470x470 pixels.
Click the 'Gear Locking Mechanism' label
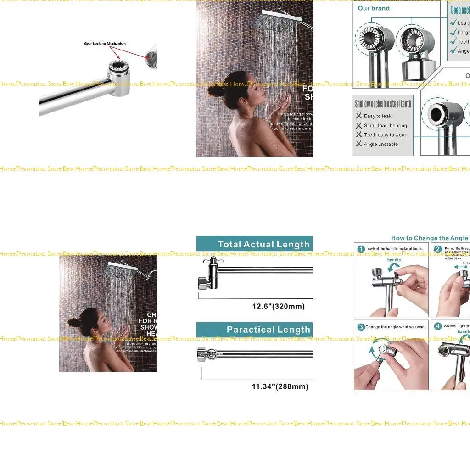(x=105, y=44)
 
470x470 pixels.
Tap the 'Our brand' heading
(x=374, y=8)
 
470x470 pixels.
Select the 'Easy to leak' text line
(x=377, y=116)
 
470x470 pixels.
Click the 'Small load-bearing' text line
(x=385, y=125)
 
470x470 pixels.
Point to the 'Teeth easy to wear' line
(x=385, y=135)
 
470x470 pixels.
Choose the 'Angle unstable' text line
(x=380, y=144)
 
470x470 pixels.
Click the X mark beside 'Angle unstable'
(x=359, y=144)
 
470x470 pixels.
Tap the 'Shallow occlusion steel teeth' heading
(x=383, y=104)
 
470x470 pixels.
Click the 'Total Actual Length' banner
(x=263, y=244)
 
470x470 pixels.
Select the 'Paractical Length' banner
(x=268, y=330)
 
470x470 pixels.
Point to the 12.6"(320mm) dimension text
(x=278, y=306)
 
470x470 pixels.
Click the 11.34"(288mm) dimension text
(x=280, y=386)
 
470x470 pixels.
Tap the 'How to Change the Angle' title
(x=430, y=238)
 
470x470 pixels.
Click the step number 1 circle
(x=361, y=249)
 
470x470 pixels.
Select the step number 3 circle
(x=361, y=327)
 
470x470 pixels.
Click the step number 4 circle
(x=438, y=326)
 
